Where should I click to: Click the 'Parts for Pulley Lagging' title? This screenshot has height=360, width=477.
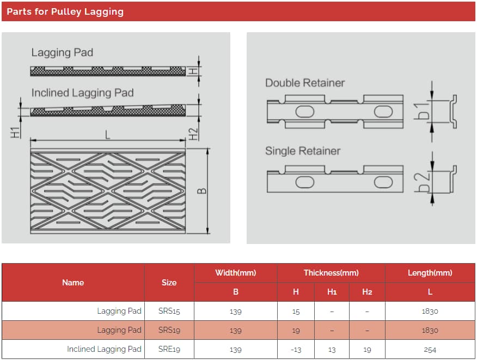[65, 11]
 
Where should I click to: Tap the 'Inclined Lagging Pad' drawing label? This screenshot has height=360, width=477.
[82, 93]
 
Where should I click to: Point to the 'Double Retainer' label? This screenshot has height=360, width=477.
[305, 83]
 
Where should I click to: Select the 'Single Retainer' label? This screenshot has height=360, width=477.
[303, 151]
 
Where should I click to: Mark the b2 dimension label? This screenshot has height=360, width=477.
[422, 182]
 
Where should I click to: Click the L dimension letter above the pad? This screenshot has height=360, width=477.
[107, 134]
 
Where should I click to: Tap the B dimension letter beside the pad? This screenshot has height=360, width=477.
[201, 191]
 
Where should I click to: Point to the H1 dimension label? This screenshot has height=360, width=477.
[15, 133]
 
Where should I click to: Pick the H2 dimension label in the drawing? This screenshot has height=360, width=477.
[193, 134]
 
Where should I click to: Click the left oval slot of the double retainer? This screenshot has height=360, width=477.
[304, 112]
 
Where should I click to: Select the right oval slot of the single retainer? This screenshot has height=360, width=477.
[383, 182]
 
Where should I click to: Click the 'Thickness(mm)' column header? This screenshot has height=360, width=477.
[331, 273]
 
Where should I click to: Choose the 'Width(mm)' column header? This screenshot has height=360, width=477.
[235, 273]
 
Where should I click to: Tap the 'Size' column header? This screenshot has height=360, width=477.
[169, 283]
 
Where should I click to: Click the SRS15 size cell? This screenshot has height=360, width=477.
[169, 311]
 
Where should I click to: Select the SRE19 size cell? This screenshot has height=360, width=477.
[169, 349]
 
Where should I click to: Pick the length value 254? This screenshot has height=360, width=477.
[430, 350]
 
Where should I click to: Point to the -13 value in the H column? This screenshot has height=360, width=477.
[296, 350]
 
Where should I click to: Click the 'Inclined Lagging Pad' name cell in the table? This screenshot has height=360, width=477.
[104, 349]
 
